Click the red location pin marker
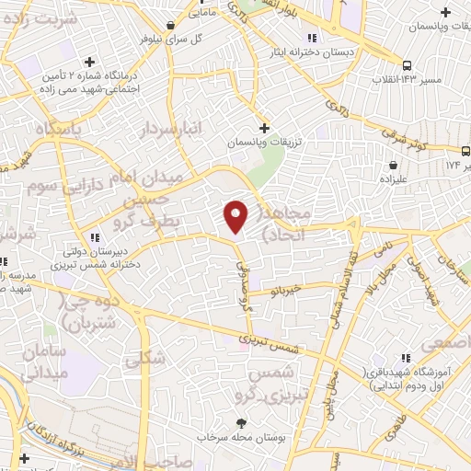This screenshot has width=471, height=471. tap(235, 216)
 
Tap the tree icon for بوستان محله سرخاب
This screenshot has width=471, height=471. tap(241, 423)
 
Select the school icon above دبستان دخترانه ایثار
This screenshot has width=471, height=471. tap(312, 38)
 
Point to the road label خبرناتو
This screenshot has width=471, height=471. tap(287, 291)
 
